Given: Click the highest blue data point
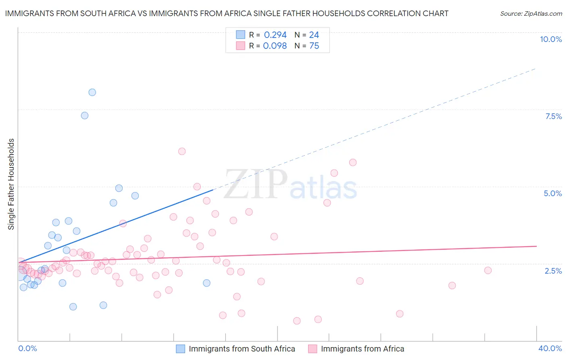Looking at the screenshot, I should tap(92, 92).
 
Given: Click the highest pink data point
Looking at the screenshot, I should tap(182, 151).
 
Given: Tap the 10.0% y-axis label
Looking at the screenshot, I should tap(550, 39).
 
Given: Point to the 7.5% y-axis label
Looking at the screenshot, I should tap(553, 116).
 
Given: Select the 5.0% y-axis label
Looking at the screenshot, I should tap(552, 193).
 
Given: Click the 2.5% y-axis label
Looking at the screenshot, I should tap(553, 271).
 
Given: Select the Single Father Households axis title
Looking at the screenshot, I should tap(11, 184).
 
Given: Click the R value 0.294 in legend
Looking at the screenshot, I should tap(275, 35).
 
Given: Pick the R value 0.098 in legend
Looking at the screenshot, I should tap(275, 46).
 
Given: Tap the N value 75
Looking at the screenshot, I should tap(314, 46).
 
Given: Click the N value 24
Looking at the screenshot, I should tap(314, 35).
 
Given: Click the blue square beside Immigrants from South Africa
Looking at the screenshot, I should tap(181, 349).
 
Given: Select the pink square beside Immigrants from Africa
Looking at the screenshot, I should tap(313, 349).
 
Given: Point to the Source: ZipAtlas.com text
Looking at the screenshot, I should tap(531, 14).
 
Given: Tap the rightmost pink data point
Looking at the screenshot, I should tap(488, 270).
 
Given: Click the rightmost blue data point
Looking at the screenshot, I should tap(206, 283).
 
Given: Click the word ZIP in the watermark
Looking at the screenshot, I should tap(255, 184).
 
